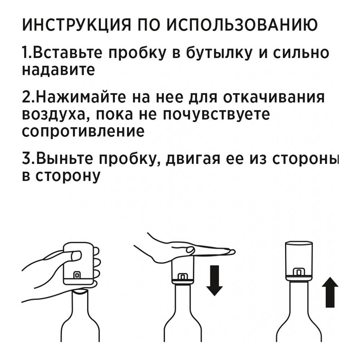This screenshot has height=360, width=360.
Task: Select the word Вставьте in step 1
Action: (x=66, y=53)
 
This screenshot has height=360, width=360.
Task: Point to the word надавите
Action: (x=58, y=70)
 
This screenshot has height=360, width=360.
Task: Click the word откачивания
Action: (x=274, y=97)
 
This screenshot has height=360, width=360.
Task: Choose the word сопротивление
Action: (x=83, y=131)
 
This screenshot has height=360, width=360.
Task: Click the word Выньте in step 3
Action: (x=64, y=159)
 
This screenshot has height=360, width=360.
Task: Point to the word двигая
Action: (x=193, y=160)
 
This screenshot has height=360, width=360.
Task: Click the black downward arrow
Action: (x=214, y=280)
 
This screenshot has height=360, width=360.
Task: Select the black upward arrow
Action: (x=330, y=292)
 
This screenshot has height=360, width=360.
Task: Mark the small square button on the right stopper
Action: (x=299, y=272)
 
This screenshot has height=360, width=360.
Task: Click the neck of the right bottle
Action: (x=298, y=296)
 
